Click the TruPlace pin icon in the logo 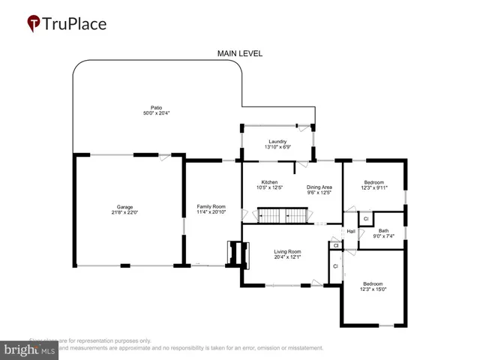34,23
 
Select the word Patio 156,107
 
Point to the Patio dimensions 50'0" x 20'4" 156,113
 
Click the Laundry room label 277,140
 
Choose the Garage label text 124,207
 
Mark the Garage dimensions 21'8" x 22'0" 124,213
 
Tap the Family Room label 211,206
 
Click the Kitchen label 269,182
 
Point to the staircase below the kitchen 284,217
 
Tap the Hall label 350,231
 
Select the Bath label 383,231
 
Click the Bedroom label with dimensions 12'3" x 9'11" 373,182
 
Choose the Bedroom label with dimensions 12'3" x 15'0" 373,283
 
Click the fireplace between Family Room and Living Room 235,253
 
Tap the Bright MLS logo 30,349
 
